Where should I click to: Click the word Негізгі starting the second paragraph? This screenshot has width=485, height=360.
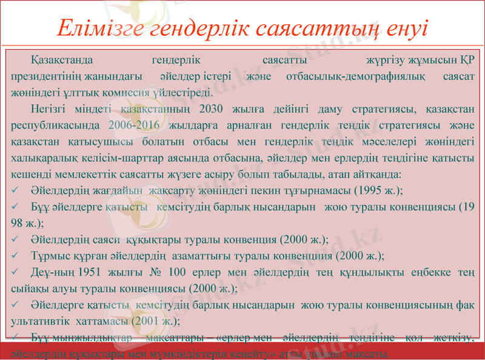click(x=49, y=110)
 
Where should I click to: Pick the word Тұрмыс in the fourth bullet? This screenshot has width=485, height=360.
click(x=48, y=255)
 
